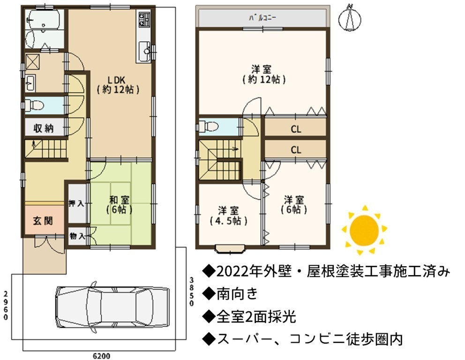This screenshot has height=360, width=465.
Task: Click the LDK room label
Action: [x=118, y=85]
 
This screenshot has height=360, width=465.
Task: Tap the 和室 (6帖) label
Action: [x=119, y=205]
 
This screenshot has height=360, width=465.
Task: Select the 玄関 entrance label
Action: [x=43, y=221]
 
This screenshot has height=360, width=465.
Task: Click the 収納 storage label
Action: [x=43, y=128]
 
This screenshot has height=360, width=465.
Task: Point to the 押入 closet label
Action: [x=76, y=203]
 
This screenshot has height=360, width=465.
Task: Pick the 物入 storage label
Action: [x=77, y=236]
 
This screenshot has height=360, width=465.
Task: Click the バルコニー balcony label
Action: [x=262, y=18]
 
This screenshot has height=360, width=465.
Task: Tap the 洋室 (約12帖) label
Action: [x=263, y=75]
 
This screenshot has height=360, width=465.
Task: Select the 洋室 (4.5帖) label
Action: [x=228, y=216]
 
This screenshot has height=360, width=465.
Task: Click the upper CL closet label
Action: [x=296, y=129]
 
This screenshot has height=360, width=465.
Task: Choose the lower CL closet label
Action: [x=296, y=150]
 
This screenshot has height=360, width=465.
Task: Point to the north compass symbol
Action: [x=350, y=18]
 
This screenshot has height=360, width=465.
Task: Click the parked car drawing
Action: [x=113, y=307]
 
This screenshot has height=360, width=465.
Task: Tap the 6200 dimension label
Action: [x=101, y=356]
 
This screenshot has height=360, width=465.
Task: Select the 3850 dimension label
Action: [x=192, y=292]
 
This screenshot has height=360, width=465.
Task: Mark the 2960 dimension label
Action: [x=6, y=306]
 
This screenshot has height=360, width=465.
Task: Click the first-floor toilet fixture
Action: [x=34, y=105]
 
